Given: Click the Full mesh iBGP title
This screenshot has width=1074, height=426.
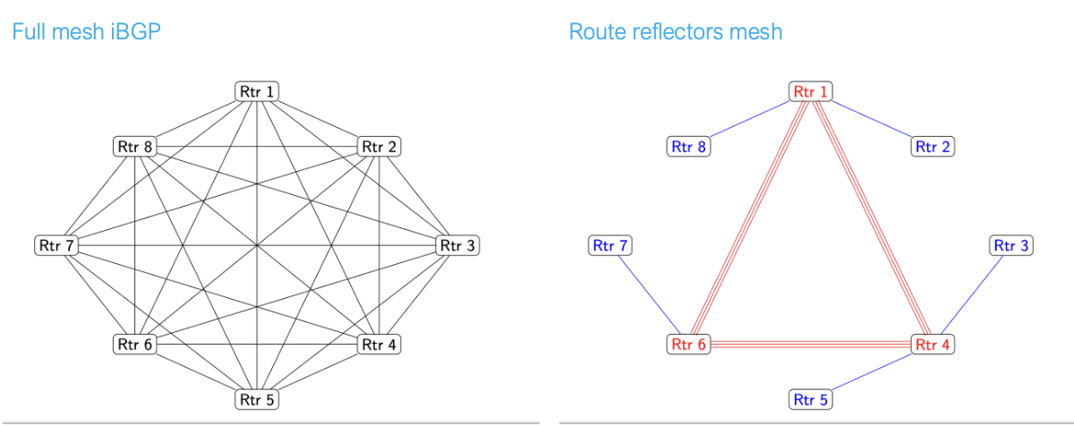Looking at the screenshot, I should [x=85, y=32].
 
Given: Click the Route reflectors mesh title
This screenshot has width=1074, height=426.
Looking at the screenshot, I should [x=675, y=32].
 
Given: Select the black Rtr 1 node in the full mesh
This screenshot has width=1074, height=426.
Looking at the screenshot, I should [x=258, y=91].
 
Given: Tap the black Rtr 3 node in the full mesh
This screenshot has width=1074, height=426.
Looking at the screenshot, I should [x=457, y=244].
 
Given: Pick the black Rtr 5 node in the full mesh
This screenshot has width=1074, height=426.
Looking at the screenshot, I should [x=258, y=399].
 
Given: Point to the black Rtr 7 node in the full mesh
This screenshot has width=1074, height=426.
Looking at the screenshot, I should [x=56, y=244].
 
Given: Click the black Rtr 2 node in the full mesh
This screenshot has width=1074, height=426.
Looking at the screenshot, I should [x=379, y=146].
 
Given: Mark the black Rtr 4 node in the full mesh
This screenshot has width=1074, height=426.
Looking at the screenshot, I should [x=379, y=344].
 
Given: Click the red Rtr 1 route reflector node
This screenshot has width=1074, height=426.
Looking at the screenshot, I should [x=811, y=91].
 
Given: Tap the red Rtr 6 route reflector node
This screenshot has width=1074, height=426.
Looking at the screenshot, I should [x=689, y=344].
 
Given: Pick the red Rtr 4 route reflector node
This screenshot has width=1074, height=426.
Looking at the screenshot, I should [x=933, y=344].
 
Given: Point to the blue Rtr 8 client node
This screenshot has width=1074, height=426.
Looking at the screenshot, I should [x=689, y=146].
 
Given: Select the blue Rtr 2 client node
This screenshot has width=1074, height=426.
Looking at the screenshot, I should [x=933, y=146].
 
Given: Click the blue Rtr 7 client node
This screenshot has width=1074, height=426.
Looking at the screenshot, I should [x=610, y=244].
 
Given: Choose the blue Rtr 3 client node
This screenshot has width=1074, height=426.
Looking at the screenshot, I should [x=1012, y=244].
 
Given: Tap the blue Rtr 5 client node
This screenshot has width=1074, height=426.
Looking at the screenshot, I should [x=811, y=399].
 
